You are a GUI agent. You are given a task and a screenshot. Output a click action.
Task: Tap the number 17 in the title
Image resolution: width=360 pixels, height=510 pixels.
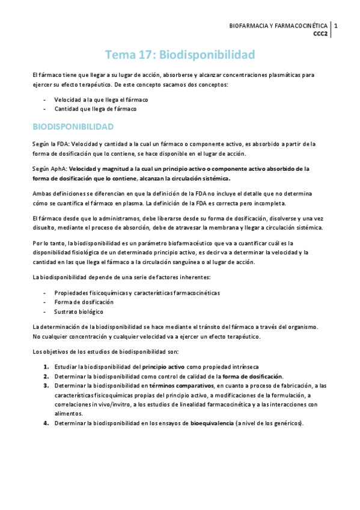pyautogui.click(x=145, y=55)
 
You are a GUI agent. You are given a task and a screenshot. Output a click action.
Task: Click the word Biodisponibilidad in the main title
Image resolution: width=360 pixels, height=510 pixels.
pyautogui.click(x=207, y=55)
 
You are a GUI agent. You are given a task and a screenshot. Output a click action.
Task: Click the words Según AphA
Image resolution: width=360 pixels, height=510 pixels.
pyautogui.click(x=49, y=169)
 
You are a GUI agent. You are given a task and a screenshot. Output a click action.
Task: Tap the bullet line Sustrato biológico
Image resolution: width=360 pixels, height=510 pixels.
pyautogui.click(x=79, y=312)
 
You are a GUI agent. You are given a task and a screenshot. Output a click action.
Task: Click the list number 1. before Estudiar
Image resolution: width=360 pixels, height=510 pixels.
pyautogui.click(x=46, y=366)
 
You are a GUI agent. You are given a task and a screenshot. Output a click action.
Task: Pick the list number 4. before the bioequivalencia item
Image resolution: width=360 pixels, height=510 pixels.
pyautogui.click(x=46, y=423)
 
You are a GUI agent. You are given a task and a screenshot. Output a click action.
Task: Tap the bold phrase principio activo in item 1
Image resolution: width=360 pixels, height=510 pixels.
pyautogui.click(x=163, y=366)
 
